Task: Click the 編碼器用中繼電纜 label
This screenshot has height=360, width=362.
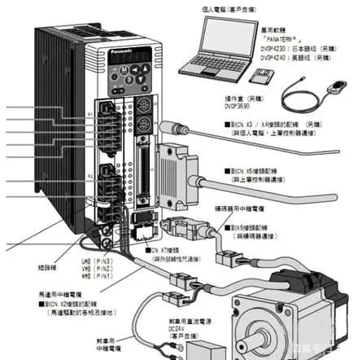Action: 241,208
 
